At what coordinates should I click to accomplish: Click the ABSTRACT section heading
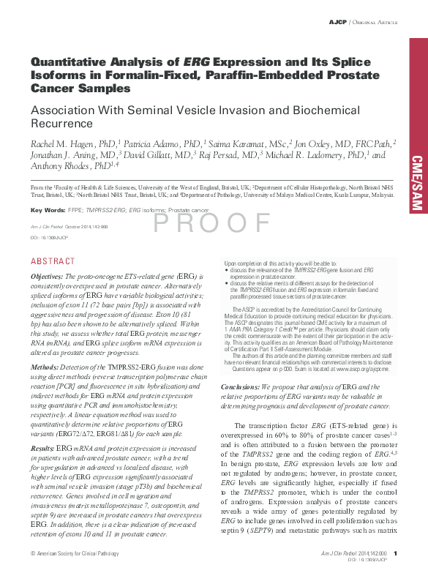pos(52,261)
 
